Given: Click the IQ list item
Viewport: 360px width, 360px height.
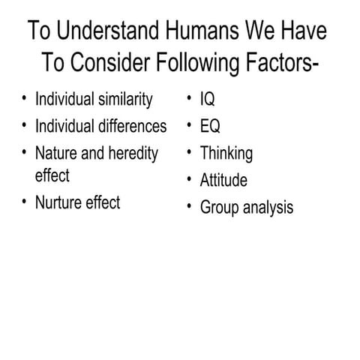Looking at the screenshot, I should coord(208,99).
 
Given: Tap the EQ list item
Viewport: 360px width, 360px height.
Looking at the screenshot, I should coord(210,125).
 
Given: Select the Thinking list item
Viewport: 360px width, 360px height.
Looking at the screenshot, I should coord(226,154).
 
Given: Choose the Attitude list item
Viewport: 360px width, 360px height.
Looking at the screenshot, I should coord(223,180).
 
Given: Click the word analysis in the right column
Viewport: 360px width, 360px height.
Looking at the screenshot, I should coord(266,207).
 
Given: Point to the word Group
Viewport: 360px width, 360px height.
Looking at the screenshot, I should coord(217,207).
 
